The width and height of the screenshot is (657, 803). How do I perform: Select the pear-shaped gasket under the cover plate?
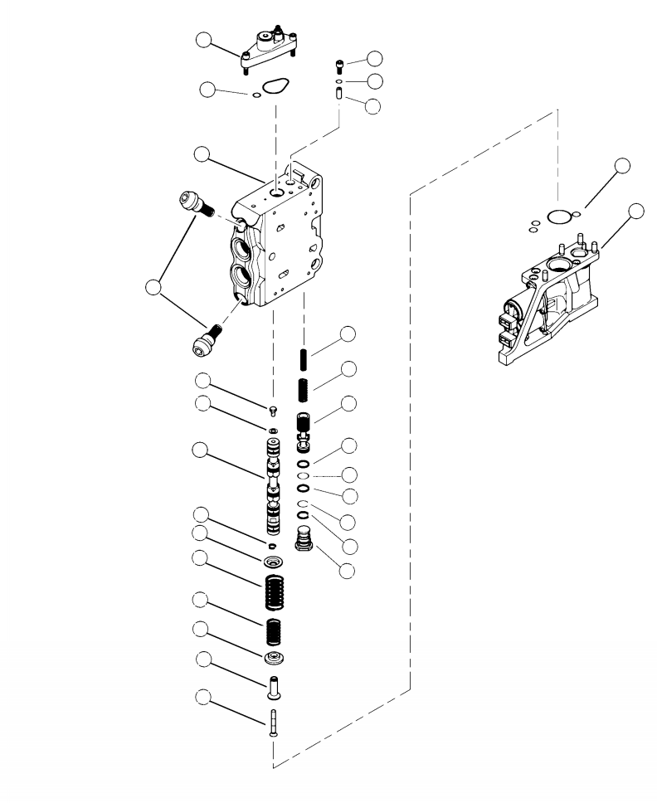tap(274, 86)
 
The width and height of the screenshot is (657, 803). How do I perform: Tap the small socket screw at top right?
tap(339, 63)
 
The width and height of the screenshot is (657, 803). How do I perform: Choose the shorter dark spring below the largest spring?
tap(275, 633)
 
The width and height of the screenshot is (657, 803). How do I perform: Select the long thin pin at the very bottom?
tap(273, 723)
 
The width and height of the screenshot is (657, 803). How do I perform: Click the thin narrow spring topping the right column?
tap(304, 362)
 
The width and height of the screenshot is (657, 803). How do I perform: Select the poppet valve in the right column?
tap(304, 425)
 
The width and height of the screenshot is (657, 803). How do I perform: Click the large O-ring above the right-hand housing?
tap(560, 217)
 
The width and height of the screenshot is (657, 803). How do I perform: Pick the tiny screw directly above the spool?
tap(273, 410)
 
